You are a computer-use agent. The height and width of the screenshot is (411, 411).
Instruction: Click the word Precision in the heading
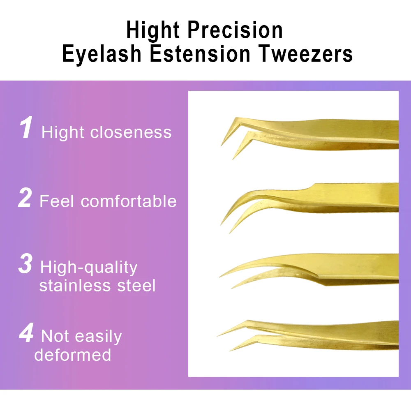(x=235, y=30)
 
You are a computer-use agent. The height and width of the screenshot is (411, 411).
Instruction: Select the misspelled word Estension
(x=200, y=53)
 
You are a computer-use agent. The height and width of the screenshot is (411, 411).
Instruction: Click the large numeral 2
(x=25, y=198)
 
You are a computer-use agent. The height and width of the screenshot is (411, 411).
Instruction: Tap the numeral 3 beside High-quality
(x=25, y=263)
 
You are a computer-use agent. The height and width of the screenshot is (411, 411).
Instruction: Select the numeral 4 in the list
(x=26, y=332)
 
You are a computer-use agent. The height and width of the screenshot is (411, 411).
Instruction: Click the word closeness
(x=131, y=132)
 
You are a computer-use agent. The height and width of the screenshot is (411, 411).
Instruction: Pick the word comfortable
(x=129, y=201)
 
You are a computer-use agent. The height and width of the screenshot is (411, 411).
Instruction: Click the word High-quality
(x=89, y=268)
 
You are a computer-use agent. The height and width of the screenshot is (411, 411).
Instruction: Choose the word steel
(x=136, y=285)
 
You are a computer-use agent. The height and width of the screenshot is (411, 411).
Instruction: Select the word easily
(x=98, y=337)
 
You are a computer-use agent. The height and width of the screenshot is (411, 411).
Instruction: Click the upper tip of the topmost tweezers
(x=221, y=145)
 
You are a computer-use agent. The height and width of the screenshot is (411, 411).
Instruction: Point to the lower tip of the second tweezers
(x=230, y=233)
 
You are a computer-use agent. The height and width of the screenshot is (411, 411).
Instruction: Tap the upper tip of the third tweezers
(x=219, y=277)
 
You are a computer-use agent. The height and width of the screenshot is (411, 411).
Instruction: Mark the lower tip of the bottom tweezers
(x=230, y=351)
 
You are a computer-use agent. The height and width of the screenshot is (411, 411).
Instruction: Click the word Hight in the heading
(x=153, y=30)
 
